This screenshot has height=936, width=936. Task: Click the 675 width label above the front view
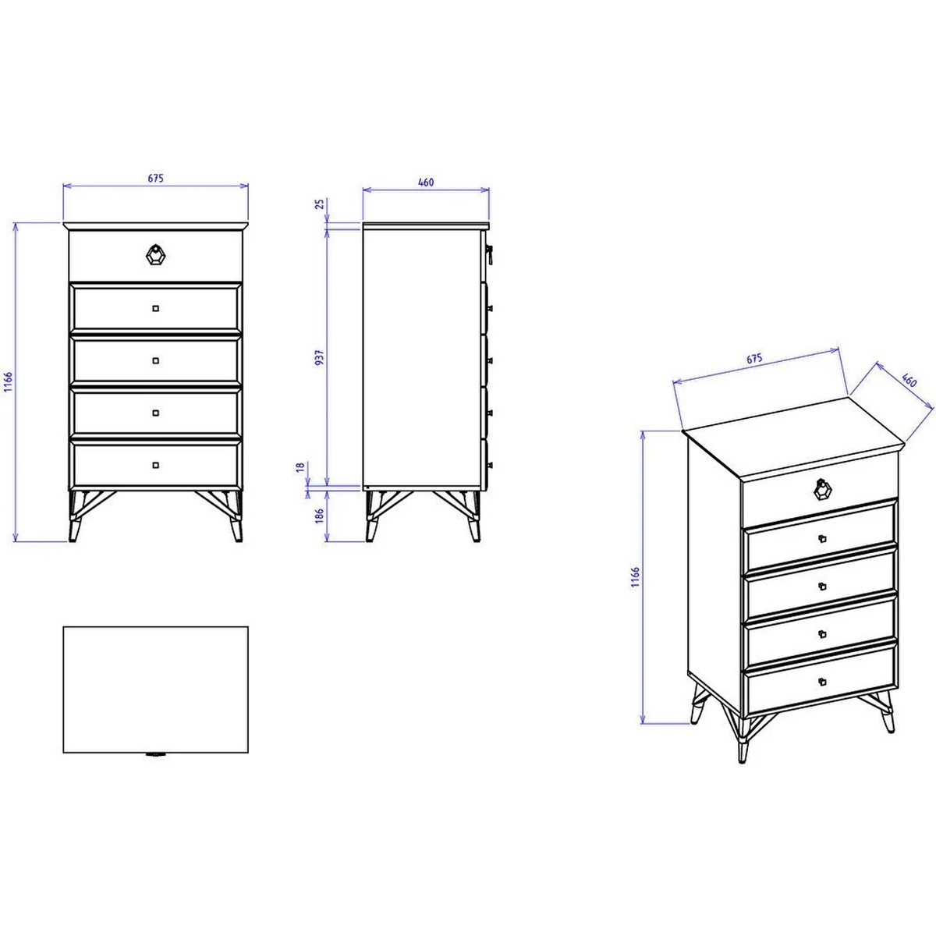point(155,179)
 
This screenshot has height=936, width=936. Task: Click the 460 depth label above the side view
point(426,183)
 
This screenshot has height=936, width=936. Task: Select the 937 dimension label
point(319,357)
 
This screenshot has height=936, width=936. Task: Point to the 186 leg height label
point(319,516)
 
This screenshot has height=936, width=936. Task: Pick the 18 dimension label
point(300,466)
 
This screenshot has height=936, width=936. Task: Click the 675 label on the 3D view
point(753,359)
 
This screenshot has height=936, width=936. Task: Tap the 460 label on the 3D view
point(909,380)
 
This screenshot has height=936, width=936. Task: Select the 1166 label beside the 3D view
point(636,577)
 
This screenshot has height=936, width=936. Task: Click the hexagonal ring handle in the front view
point(156,254)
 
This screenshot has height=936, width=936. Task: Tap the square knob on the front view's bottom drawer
point(155,465)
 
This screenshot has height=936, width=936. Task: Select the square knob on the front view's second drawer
point(155,308)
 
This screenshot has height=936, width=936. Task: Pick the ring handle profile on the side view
point(490,254)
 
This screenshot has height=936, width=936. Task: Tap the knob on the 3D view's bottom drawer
point(822,682)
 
